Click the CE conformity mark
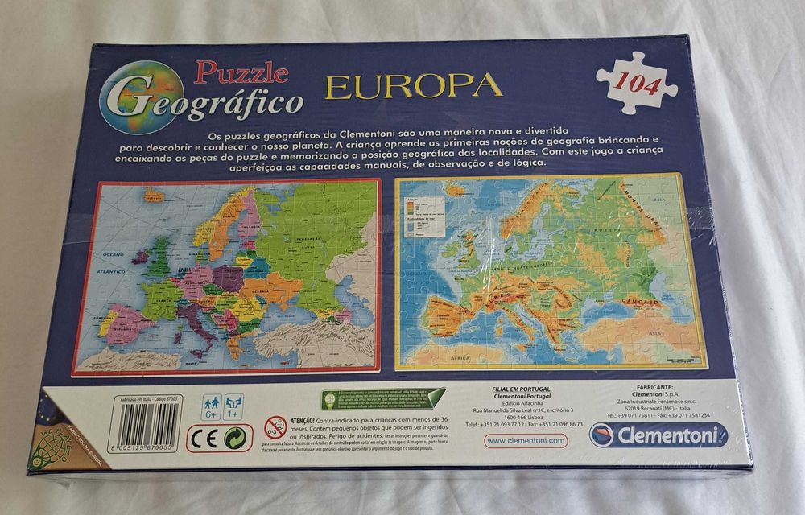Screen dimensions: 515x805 pos(203,438)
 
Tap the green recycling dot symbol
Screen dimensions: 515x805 pos(237,438)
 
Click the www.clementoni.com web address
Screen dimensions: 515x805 pos(526,440)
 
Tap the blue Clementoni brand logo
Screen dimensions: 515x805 pos(657,435)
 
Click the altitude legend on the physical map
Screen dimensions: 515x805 pos(419,212)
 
